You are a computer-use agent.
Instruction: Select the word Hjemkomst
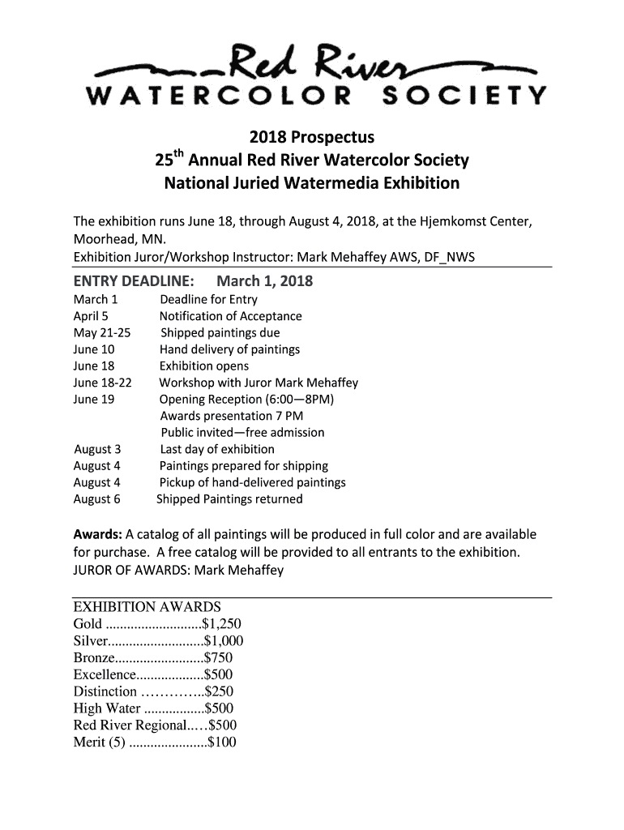(x=444, y=223)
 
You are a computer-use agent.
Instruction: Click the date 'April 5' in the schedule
(x=91, y=316)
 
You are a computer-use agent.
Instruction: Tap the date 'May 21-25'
(x=101, y=332)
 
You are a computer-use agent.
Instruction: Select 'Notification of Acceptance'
(x=230, y=316)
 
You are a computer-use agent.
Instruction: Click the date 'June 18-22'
(x=102, y=383)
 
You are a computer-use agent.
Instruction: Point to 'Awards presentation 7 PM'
(x=231, y=416)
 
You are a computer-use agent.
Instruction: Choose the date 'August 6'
(x=96, y=499)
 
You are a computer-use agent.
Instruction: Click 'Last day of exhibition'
(x=217, y=449)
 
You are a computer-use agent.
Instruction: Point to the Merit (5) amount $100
(x=222, y=742)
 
